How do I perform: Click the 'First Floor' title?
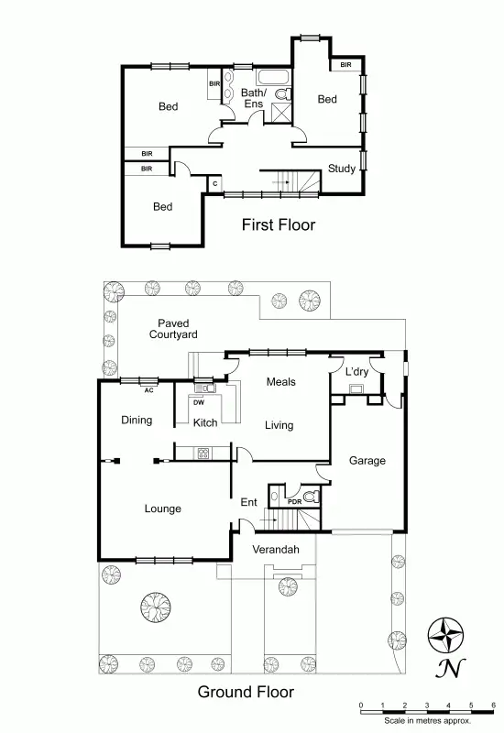(x=278, y=224)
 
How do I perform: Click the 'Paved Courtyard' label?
(x=173, y=329)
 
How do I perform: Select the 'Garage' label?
(x=367, y=461)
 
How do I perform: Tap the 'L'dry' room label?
(x=357, y=373)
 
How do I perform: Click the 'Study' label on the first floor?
(x=342, y=169)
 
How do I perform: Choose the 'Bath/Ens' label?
(x=254, y=98)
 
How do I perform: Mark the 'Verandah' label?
(x=276, y=549)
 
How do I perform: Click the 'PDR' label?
(x=294, y=501)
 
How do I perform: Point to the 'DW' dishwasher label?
(x=199, y=401)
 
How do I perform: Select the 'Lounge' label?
(x=162, y=509)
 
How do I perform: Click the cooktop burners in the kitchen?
(x=203, y=452)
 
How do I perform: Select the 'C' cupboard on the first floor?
(x=214, y=183)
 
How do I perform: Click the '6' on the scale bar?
(x=493, y=705)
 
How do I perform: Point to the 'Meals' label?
(x=280, y=381)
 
